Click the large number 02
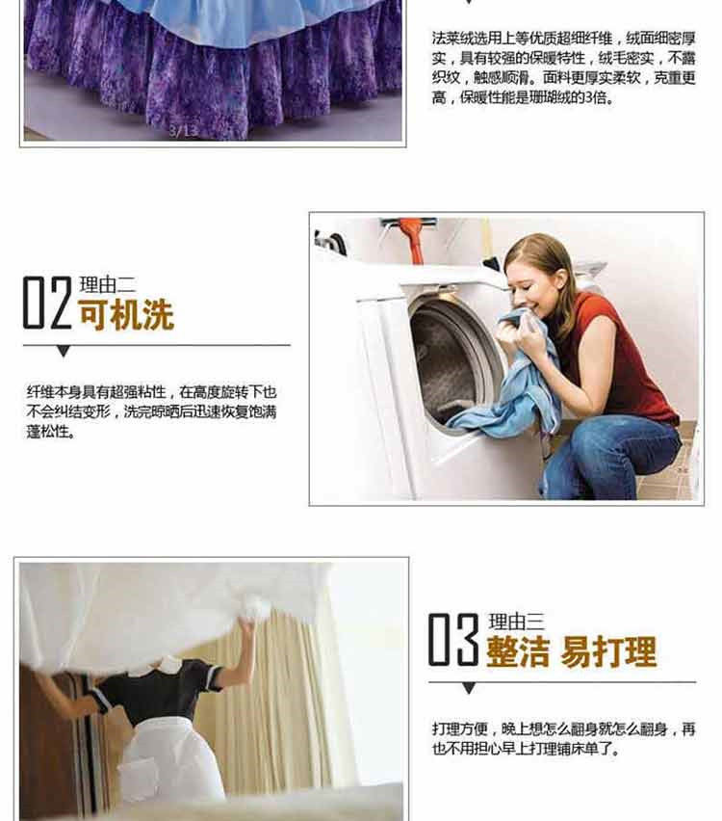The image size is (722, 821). point(47,303)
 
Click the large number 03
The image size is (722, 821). point(453,639)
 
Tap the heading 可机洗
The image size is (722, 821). point(126,315)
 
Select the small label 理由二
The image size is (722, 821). point(108,285)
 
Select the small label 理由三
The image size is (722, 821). point(517,622)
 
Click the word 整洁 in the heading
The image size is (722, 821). point(518,651)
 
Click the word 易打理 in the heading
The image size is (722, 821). point(608,651)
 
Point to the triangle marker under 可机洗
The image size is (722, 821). point(64,352)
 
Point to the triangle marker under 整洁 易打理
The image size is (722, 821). point(470,688)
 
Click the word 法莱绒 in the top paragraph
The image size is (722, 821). point(453,39)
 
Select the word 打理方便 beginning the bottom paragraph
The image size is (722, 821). point(460,728)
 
